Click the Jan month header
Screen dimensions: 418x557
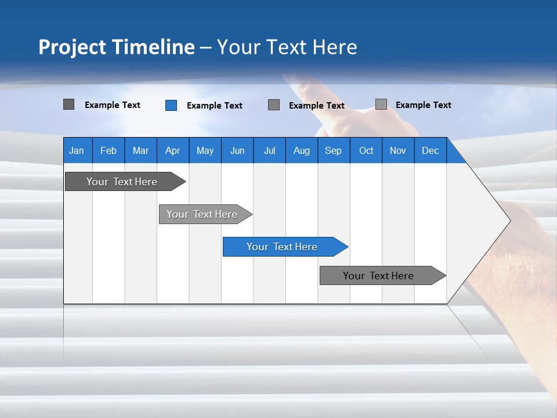pyautogui.click(x=77, y=150)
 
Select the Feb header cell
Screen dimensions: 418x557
pyautogui.click(x=108, y=150)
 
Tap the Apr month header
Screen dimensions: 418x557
pyautogui.click(x=172, y=150)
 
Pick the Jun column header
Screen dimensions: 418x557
pyautogui.click(x=237, y=150)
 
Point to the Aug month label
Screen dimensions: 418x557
pyautogui.click(x=301, y=150)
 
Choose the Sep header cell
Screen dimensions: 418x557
pyautogui.click(x=333, y=150)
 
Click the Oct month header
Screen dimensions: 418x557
pyautogui.click(x=366, y=150)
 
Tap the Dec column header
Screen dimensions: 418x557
pyautogui.click(x=430, y=150)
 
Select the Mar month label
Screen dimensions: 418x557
pyautogui.click(x=140, y=150)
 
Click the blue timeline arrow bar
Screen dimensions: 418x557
pyautogui.click(x=282, y=247)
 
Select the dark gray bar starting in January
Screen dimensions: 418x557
pyautogui.click(x=122, y=182)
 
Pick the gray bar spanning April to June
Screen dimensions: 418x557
pyautogui.click(x=202, y=214)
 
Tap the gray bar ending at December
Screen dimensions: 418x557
pyautogui.click(x=378, y=276)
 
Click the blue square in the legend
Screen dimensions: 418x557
pyautogui.click(x=171, y=105)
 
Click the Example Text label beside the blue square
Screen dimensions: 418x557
pyautogui.click(x=215, y=106)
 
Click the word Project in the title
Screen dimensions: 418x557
pyautogui.click(x=73, y=47)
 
